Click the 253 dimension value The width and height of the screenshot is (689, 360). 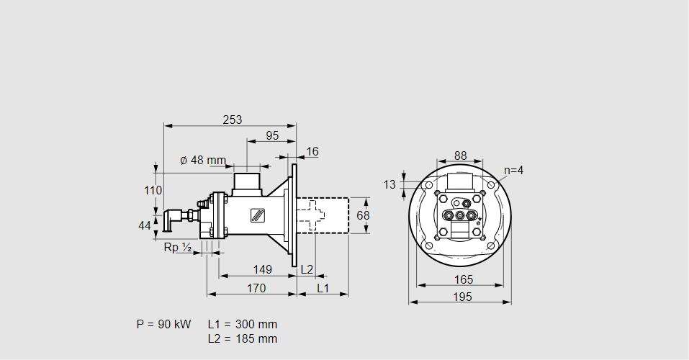coord(232,120)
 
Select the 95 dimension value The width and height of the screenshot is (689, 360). coord(272,135)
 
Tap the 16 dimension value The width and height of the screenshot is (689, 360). coord(312,151)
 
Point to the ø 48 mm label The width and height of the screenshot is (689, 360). coord(202,160)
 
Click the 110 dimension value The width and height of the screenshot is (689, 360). coord(153,191)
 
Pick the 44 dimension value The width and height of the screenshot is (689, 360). coord(145,225)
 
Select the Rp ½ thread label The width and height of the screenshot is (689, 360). coord(177,248)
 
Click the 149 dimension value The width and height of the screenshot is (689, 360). coord(263,269)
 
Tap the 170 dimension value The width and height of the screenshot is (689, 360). coord(256,288)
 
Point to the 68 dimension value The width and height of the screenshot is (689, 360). coord(363,215)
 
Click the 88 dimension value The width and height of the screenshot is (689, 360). coord(461,156)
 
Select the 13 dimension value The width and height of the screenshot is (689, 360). coord(389,185)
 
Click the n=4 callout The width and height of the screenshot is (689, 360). coord(513,171)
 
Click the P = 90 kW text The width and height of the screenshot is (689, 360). coord(163,325)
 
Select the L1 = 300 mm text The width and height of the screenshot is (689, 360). coord(242,325)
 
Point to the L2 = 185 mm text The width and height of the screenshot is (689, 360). coord(242,338)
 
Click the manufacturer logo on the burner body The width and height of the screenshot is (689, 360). coord(257,215)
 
